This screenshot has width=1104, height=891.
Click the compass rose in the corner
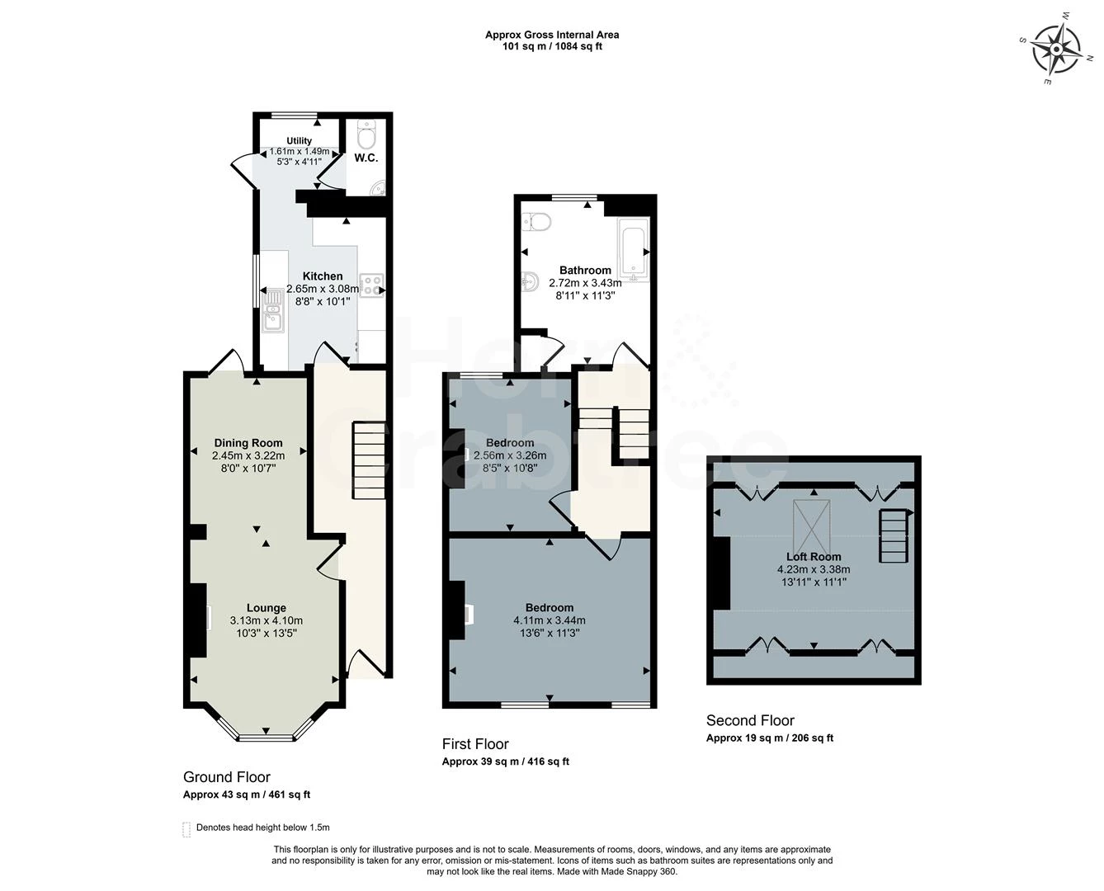1057,49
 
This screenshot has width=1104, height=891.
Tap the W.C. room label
366,158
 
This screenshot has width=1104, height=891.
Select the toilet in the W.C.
367,131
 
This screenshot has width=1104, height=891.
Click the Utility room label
299,141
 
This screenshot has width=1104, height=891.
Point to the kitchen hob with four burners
372,285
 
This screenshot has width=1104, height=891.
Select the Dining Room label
248,443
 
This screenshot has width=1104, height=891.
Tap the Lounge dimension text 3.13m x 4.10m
266,621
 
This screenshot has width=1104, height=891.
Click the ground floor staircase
369,460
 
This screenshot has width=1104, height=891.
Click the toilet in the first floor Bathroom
537,221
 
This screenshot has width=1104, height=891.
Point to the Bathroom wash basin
530,282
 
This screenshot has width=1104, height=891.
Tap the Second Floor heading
750,720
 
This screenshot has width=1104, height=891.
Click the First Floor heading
475,744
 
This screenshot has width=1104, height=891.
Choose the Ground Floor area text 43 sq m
247,795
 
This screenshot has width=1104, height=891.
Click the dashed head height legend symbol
186,828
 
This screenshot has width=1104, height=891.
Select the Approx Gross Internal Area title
552,35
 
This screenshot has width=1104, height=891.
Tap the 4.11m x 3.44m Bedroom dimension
550,621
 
